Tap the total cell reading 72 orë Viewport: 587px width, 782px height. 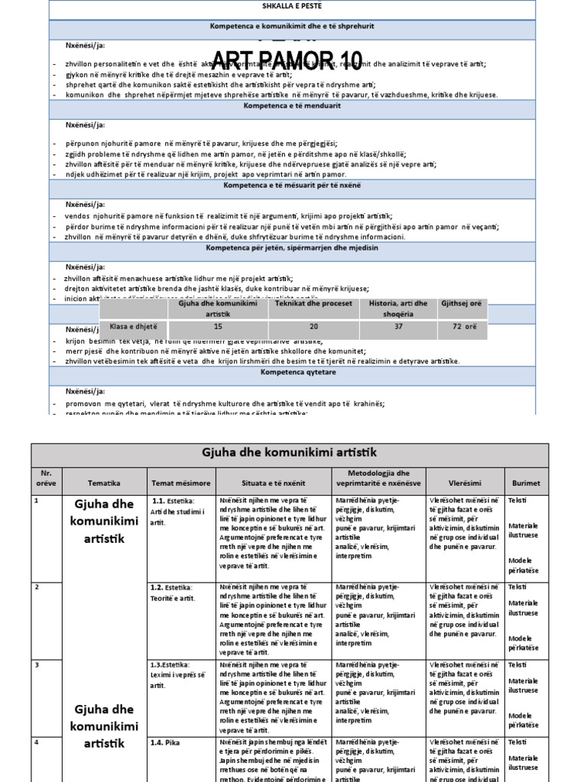463,326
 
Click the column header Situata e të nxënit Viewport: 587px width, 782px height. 274,483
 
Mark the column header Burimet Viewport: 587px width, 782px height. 527,483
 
